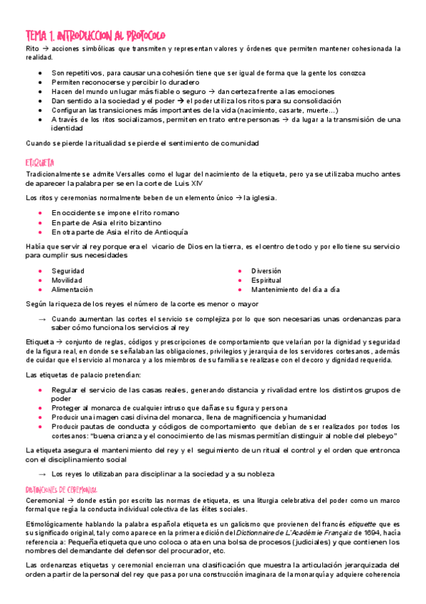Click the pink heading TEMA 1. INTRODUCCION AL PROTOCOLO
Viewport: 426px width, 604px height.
tap(95, 35)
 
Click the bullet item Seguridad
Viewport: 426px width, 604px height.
tap(68, 271)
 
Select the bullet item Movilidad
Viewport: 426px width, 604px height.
tap(67, 280)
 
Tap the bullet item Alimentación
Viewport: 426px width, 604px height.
tap(72, 290)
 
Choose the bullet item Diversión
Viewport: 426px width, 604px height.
tap(266, 271)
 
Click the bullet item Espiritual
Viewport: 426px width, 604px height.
tap(267, 280)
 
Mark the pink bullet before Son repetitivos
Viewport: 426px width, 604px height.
tap(41, 73)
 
